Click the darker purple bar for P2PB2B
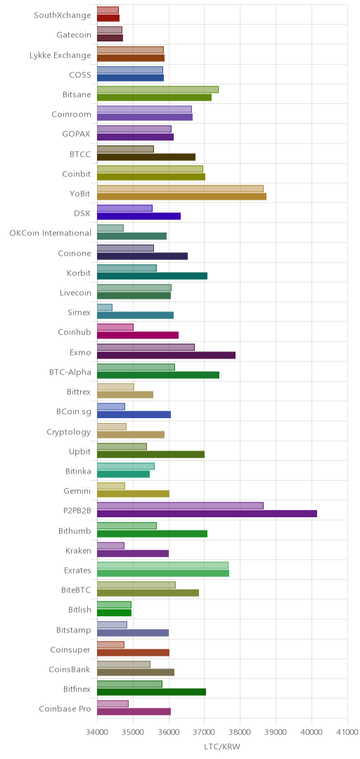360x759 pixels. tap(207, 514)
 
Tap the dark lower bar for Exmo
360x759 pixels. tap(166, 356)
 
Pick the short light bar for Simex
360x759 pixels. tap(105, 307)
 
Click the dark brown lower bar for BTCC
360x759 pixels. tap(146, 157)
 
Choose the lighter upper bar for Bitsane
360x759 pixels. tap(158, 89)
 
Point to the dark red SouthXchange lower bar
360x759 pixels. tap(108, 18)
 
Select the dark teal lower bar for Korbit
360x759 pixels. tap(152, 276)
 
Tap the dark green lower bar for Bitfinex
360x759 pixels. tap(152, 692)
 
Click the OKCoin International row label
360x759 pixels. tap(50, 233)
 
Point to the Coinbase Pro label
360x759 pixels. tap(65, 708)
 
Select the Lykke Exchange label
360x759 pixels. tap(60, 55)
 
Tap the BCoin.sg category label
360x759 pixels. tap(73, 411)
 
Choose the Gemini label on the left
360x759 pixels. tap(77, 491)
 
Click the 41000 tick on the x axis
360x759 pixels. tap(347, 732)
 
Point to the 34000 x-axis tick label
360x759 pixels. tap(98, 732)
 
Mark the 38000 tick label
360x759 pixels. tap(240, 732)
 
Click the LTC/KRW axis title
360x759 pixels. tap(222, 746)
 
